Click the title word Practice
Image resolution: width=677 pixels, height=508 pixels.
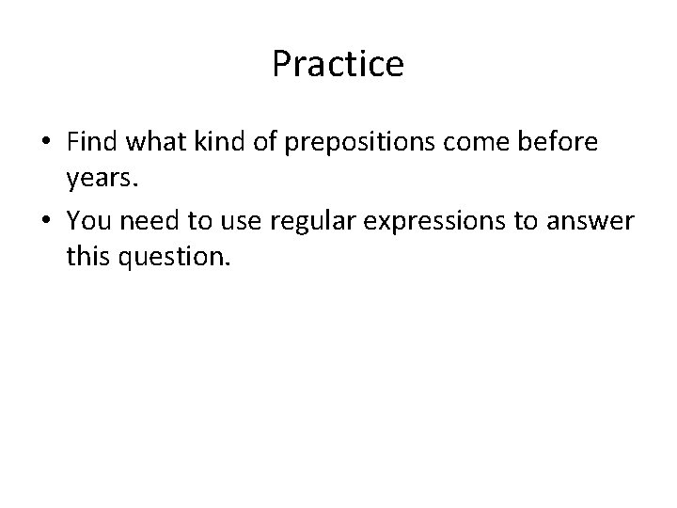(338, 65)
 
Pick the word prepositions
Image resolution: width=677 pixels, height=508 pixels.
(365, 143)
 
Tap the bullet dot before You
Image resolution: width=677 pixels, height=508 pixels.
(46, 220)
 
